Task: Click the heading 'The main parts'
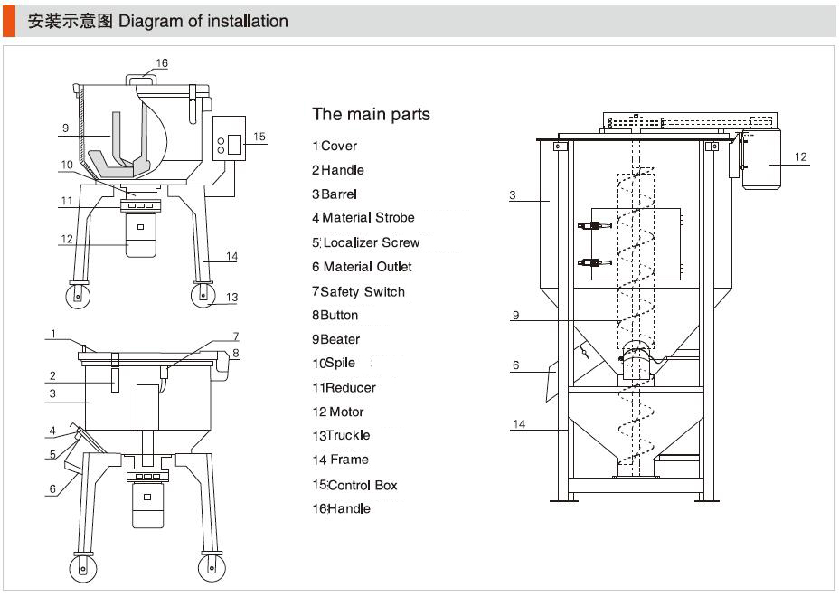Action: [x=371, y=115]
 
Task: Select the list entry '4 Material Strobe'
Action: [x=363, y=218]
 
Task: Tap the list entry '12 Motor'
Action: [x=338, y=412]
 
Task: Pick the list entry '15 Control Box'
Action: [x=354, y=485]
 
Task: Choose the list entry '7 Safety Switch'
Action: [x=358, y=291]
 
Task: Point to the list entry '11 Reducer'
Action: [x=344, y=387]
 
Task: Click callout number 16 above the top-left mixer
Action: [x=162, y=63]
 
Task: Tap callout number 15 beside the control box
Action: [x=259, y=137]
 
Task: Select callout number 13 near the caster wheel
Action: [x=231, y=297]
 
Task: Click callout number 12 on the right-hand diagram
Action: [x=800, y=156]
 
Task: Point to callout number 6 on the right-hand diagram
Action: [x=515, y=365]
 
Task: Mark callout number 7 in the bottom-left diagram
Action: [x=235, y=336]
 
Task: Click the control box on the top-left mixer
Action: [x=231, y=138]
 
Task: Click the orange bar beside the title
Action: [x=9, y=21]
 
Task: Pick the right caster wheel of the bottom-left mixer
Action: [x=212, y=565]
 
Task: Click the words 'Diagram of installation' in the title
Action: [x=203, y=21]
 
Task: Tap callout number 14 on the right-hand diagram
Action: [x=518, y=423]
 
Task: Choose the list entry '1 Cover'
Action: [x=335, y=146]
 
